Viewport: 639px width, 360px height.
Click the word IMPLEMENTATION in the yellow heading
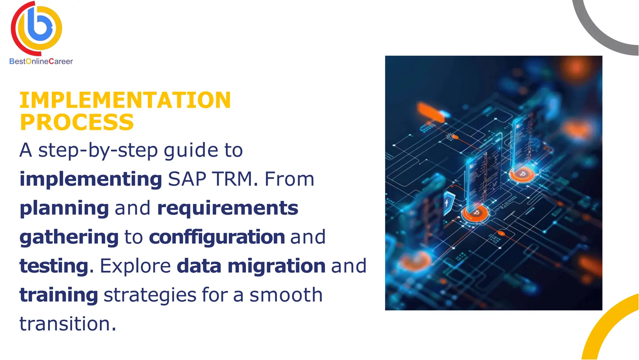coord(125,100)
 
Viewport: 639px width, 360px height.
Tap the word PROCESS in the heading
coord(77,122)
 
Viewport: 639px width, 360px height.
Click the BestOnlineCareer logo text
coord(41,62)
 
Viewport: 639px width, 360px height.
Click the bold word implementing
coord(90,179)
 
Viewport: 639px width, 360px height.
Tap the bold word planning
coord(64,208)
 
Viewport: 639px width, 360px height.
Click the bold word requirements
coord(227,208)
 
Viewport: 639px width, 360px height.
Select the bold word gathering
coord(69,237)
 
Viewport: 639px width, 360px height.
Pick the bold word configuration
coord(217,237)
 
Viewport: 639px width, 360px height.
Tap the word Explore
coord(135,266)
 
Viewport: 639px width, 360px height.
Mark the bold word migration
coord(276,266)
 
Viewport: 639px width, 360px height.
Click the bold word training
coord(59,295)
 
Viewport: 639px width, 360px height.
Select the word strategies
coord(150,295)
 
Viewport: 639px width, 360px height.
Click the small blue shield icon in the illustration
coord(449,203)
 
